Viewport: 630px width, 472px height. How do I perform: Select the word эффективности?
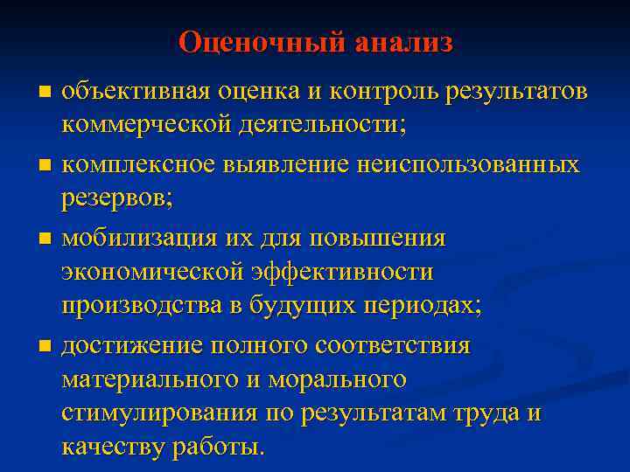pyautogui.click(x=341, y=273)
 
